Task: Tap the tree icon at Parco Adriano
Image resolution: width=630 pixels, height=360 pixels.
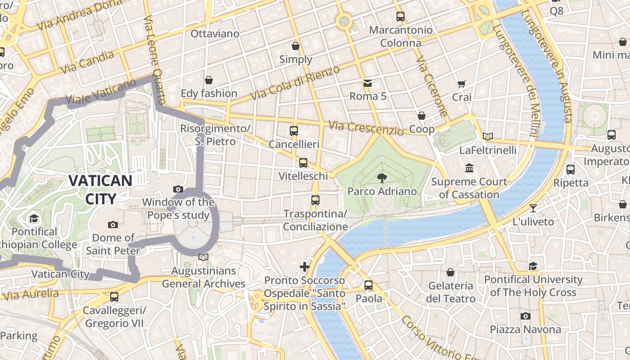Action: click(x=382, y=178)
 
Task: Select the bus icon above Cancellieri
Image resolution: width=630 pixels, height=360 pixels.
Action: click(x=294, y=131)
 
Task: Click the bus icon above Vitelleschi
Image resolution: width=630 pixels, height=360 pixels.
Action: click(x=303, y=162)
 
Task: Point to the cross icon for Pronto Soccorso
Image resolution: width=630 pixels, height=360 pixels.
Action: click(x=305, y=267)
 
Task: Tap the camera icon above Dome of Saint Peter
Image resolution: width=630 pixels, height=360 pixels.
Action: click(x=113, y=225)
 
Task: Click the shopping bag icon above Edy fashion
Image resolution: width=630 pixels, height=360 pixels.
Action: click(x=208, y=80)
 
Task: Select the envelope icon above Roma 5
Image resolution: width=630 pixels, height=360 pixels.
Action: click(x=368, y=83)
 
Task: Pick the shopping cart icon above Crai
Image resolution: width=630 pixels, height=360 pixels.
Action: click(x=461, y=84)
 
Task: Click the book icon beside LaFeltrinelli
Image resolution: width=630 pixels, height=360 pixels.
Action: click(x=488, y=136)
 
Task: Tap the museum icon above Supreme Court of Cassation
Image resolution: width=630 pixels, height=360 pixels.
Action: click(x=469, y=168)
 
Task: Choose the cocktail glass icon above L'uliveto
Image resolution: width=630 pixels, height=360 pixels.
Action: click(x=533, y=208)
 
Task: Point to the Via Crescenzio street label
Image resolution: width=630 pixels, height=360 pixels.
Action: click(x=366, y=128)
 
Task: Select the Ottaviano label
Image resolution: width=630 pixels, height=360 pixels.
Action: click(x=215, y=34)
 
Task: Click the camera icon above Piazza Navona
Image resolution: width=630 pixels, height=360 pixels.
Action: click(x=525, y=316)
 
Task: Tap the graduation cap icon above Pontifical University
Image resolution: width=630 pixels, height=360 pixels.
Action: click(x=533, y=266)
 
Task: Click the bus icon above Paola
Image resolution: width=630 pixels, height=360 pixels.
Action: click(x=369, y=285)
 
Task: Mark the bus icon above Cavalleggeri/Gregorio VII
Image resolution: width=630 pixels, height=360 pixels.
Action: click(x=114, y=297)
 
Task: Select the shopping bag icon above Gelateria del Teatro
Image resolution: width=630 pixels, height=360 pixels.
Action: click(x=450, y=272)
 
